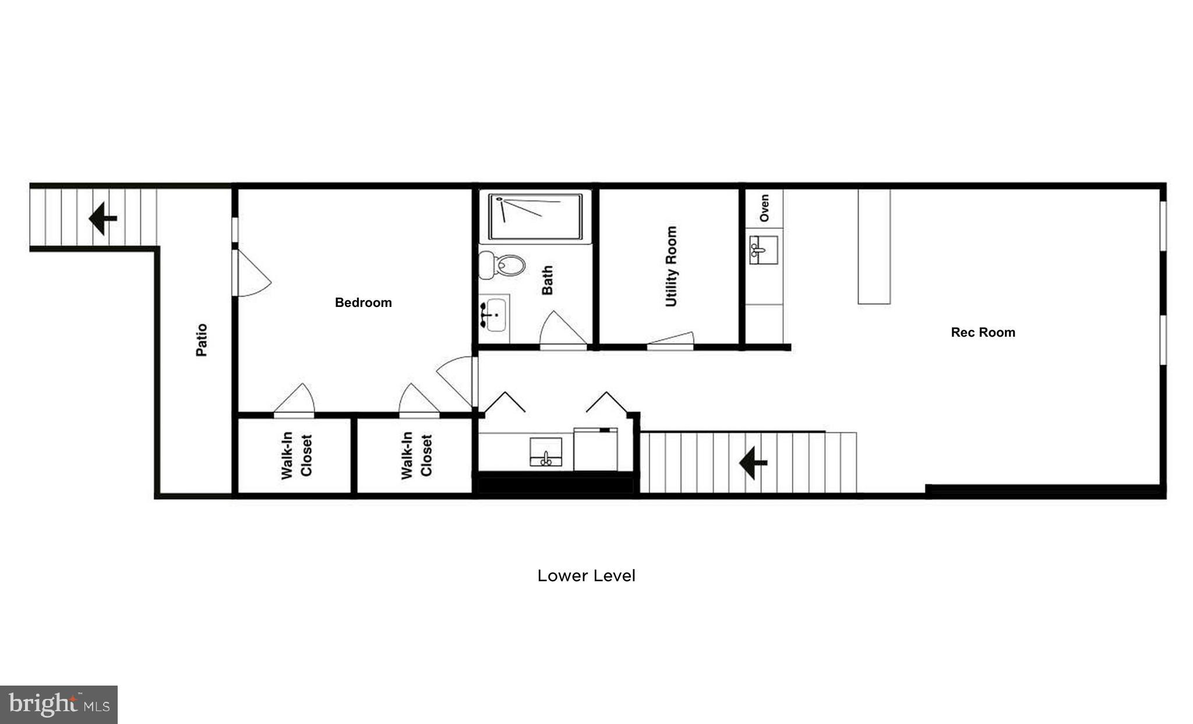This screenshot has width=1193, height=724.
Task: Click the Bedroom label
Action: click(x=363, y=302)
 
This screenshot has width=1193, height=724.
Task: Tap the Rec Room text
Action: click(x=983, y=332)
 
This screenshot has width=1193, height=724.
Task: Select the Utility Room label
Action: click(x=672, y=266)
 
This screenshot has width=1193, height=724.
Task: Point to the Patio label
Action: click(x=202, y=340)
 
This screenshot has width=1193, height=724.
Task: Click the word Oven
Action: click(x=764, y=207)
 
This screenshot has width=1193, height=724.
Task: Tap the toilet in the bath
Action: click(x=503, y=266)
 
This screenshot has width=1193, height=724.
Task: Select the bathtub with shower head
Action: click(x=535, y=217)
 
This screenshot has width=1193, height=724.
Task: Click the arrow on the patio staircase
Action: click(x=103, y=218)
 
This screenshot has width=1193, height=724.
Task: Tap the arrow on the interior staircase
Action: click(x=753, y=463)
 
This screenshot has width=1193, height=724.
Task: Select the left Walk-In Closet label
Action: click(x=297, y=456)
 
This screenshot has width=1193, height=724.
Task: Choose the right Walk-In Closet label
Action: click(x=417, y=456)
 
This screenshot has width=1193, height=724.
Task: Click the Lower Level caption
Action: click(x=586, y=575)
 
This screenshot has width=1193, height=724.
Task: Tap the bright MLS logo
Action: click(x=59, y=705)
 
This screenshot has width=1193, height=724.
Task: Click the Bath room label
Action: click(x=548, y=280)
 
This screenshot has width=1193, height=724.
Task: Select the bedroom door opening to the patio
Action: click(x=250, y=274)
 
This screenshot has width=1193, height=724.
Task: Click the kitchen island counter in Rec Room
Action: click(x=874, y=246)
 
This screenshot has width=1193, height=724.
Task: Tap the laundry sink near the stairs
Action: click(x=546, y=453)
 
